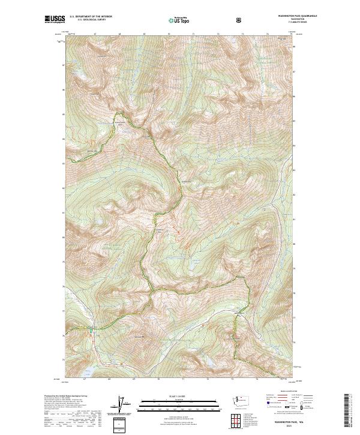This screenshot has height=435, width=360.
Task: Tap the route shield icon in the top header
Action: pos(239,19)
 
